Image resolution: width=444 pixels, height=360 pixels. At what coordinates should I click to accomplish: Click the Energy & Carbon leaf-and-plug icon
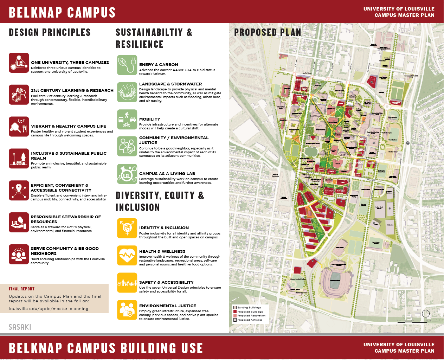coord(127,65)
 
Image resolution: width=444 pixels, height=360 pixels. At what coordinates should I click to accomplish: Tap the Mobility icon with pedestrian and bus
coord(127,120)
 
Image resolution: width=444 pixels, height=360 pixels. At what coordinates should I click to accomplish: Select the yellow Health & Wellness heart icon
coord(127,255)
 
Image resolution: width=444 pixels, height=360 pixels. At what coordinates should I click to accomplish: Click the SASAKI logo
coord(20,327)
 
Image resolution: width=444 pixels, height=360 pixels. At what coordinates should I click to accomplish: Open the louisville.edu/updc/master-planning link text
coord(49,309)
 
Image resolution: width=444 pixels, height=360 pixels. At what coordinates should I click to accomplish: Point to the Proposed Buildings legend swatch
coord(235,311)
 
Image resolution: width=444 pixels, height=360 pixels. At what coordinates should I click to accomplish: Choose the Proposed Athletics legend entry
coord(250,320)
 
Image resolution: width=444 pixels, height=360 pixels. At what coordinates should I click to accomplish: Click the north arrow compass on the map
coord(426,314)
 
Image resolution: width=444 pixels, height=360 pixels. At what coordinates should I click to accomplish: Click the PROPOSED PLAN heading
coord(268,32)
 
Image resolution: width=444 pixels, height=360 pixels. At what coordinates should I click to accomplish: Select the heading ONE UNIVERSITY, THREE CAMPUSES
coord(70,63)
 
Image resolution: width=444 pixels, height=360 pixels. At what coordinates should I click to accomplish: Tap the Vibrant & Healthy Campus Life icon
coord(19,127)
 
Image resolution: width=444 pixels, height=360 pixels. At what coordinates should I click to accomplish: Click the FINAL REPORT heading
coord(22,289)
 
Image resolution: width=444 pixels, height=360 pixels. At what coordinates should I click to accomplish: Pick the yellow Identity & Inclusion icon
coord(127,228)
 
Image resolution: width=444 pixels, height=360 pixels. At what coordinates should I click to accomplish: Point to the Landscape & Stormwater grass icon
coord(127,92)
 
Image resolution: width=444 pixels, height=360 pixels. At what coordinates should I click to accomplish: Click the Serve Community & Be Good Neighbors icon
coord(19,254)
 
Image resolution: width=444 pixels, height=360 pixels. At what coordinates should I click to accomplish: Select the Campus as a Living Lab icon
coord(127,174)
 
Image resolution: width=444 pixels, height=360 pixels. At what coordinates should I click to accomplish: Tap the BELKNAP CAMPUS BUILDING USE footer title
coord(106,348)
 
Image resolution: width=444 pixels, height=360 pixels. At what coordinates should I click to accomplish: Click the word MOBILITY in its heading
coord(149,119)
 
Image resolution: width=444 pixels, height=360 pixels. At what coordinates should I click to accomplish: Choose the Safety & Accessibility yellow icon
coord(127,283)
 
